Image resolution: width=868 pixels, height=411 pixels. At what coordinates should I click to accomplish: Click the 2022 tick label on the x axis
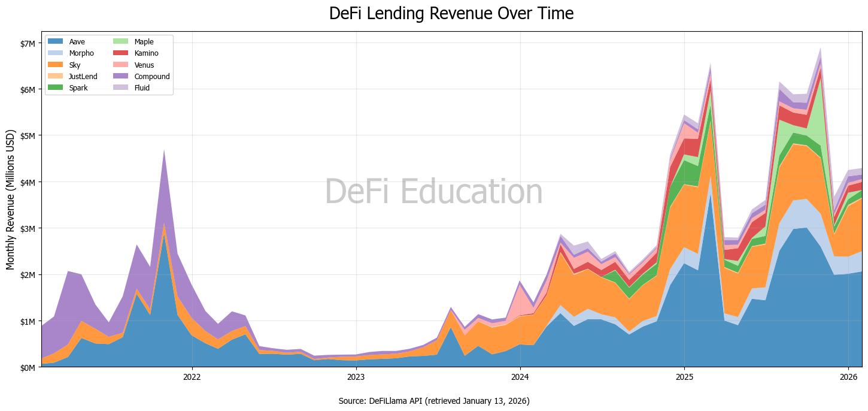click(192, 377)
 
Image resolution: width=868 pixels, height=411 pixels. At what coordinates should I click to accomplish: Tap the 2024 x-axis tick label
click(520, 377)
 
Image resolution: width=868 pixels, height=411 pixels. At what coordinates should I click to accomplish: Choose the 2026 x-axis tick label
click(848, 377)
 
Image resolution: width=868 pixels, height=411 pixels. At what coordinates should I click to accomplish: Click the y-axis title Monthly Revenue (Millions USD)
click(10, 199)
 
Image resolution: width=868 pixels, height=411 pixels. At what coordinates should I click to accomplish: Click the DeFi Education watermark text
click(433, 192)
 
